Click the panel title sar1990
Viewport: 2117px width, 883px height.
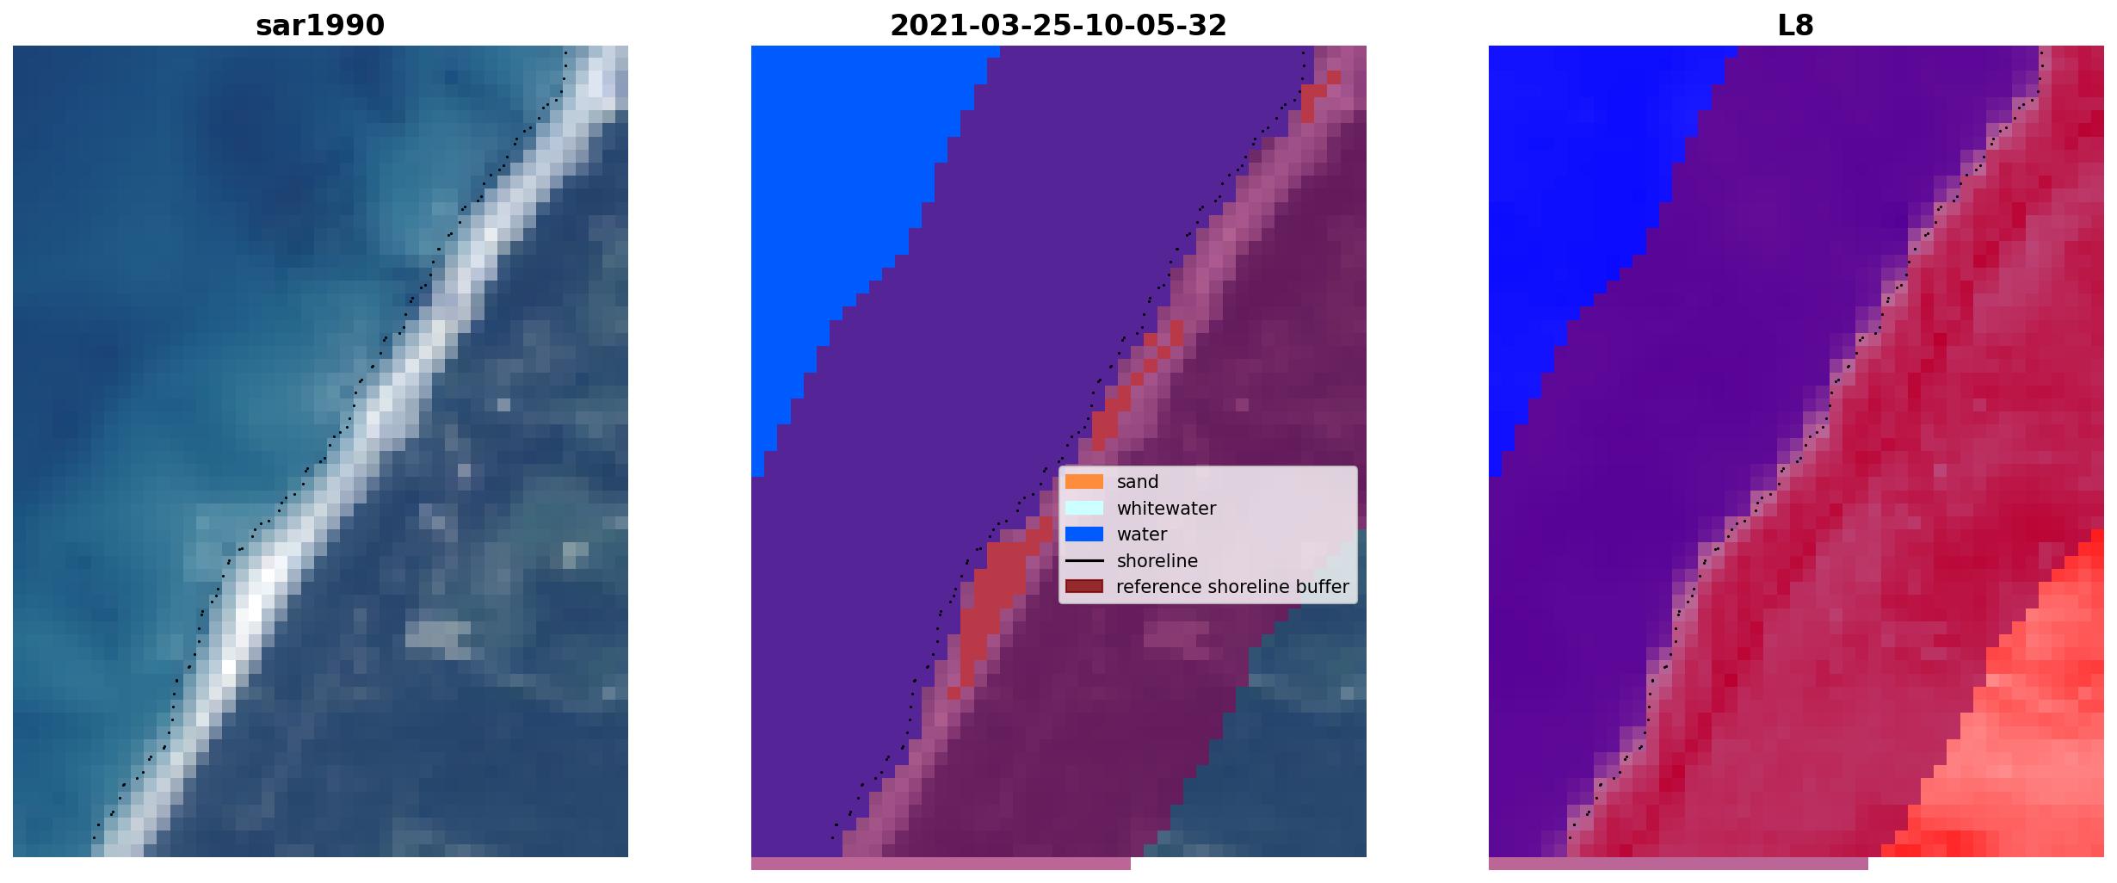pos(320,26)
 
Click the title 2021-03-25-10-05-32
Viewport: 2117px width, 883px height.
pos(1058,26)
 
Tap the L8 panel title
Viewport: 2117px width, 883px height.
pos(1796,26)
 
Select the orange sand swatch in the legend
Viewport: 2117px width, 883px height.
pos(1084,482)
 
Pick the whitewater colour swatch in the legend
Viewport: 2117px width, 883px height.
pos(1084,508)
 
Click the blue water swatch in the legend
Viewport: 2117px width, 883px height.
pos(1084,534)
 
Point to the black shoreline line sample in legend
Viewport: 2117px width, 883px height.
pos(1084,561)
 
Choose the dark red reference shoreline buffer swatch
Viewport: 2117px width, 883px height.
pos(1084,587)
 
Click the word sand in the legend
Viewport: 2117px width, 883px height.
pos(1138,482)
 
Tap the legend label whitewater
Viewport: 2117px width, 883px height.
pos(1166,508)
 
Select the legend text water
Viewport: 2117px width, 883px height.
pos(1142,534)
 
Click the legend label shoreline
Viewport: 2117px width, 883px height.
pos(1157,561)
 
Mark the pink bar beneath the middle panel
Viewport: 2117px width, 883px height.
pos(941,863)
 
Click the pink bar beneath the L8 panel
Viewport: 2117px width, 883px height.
pos(1678,863)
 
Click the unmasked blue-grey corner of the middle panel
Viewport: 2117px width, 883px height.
pos(1291,740)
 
